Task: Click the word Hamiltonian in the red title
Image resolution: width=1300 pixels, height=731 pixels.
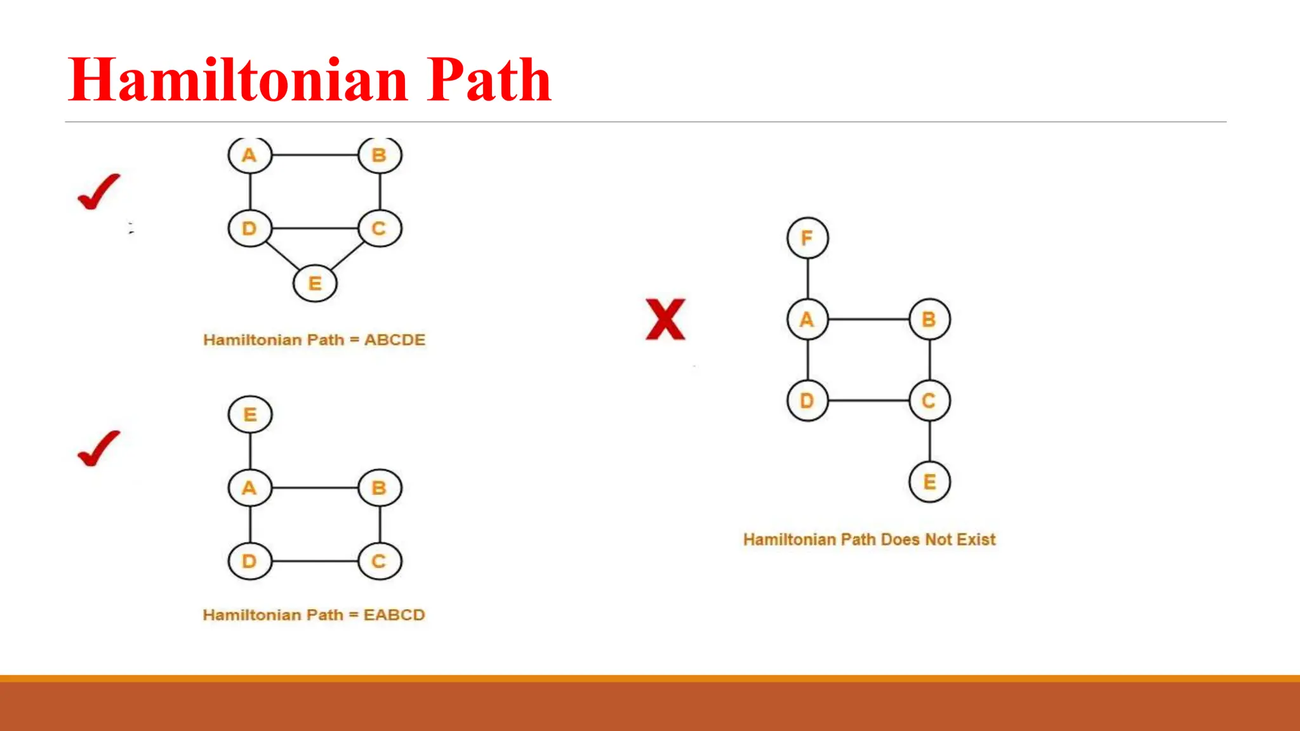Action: pyautogui.click(x=238, y=81)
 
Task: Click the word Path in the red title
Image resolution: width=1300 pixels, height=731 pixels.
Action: pyautogui.click(x=489, y=81)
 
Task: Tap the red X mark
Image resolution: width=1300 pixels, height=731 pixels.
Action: pyautogui.click(x=665, y=319)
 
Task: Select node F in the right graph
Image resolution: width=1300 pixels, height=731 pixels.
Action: pyautogui.click(x=807, y=238)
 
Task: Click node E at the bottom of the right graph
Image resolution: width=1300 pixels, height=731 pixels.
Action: pyautogui.click(x=929, y=482)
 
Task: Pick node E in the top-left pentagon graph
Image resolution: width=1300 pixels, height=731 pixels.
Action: pyautogui.click(x=315, y=283)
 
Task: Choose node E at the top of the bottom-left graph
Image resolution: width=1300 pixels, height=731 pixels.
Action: pyautogui.click(x=250, y=414)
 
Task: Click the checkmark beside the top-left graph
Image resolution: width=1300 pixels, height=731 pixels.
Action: pyautogui.click(x=98, y=192)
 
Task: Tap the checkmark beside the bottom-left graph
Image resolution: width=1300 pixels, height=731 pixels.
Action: pyautogui.click(x=98, y=449)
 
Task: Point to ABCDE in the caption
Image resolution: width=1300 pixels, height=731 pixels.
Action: pyautogui.click(x=394, y=340)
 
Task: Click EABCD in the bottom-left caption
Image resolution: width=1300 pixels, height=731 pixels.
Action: pyautogui.click(x=394, y=615)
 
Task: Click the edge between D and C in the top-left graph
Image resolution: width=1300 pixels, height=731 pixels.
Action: pyautogui.click(x=315, y=228)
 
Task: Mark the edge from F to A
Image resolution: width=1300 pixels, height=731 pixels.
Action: pyautogui.click(x=807, y=279)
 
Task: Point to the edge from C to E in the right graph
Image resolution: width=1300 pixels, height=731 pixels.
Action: pyautogui.click(x=930, y=442)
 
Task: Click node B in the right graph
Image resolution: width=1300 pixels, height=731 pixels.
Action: pyautogui.click(x=929, y=319)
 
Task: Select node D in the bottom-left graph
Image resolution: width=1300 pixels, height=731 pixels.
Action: pyautogui.click(x=250, y=561)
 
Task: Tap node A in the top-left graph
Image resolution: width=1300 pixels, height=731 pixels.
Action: pyautogui.click(x=250, y=155)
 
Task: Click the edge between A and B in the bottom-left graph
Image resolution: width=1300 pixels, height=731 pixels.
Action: pyautogui.click(x=315, y=488)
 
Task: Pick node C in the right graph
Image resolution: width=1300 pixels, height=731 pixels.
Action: pyautogui.click(x=929, y=400)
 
